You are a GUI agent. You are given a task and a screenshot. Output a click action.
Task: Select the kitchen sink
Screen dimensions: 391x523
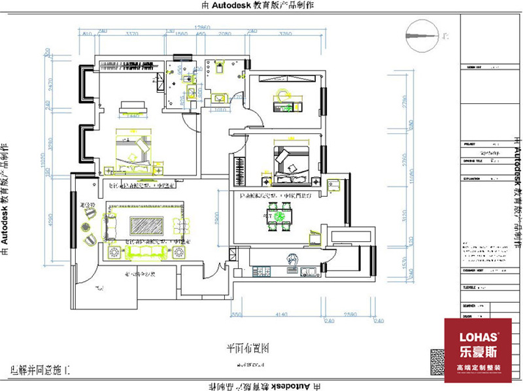[x=306, y=269]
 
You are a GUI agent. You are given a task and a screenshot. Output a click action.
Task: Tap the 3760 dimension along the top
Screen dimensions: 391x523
[x=285, y=33]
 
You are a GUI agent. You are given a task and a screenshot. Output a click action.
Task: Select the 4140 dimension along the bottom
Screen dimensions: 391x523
[x=282, y=314]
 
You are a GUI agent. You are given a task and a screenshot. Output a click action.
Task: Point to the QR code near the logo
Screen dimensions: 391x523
[x=435, y=361]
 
